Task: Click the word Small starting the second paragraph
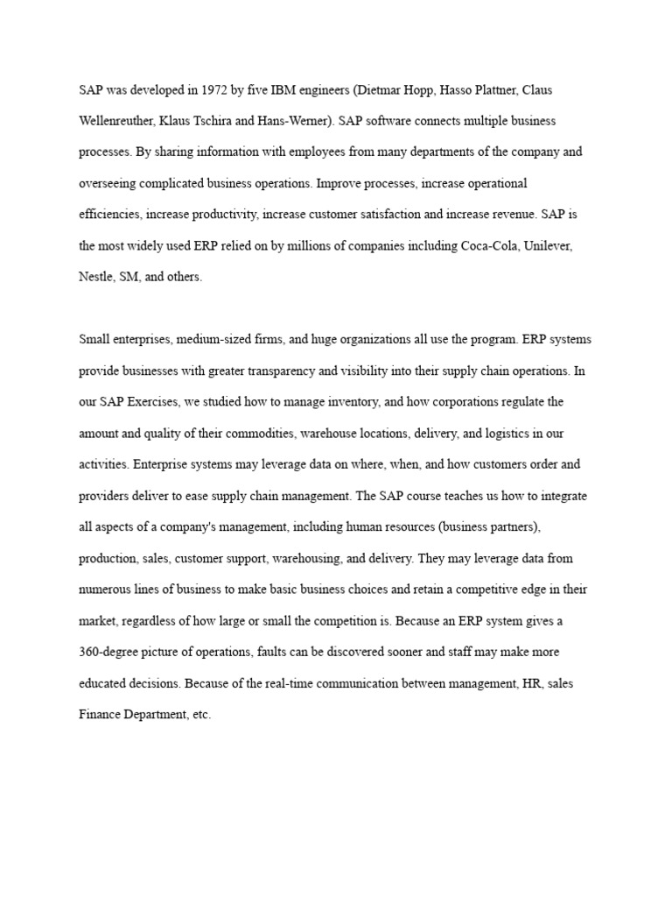pyautogui.click(x=95, y=339)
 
